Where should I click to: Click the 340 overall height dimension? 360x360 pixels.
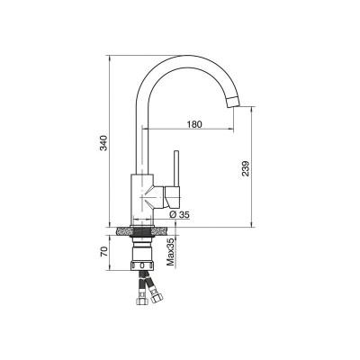(103, 143)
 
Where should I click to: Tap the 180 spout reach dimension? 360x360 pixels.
(194, 124)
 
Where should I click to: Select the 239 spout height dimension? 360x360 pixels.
(246, 168)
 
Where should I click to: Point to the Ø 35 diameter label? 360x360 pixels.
(179, 214)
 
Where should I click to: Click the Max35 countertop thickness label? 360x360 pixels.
(170, 252)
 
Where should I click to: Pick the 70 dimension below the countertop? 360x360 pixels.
(103, 252)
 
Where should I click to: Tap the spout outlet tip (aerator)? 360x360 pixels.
(234, 102)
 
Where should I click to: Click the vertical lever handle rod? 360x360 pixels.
(177, 168)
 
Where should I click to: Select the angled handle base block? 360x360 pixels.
(173, 197)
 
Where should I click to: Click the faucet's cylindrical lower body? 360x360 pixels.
(142, 199)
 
